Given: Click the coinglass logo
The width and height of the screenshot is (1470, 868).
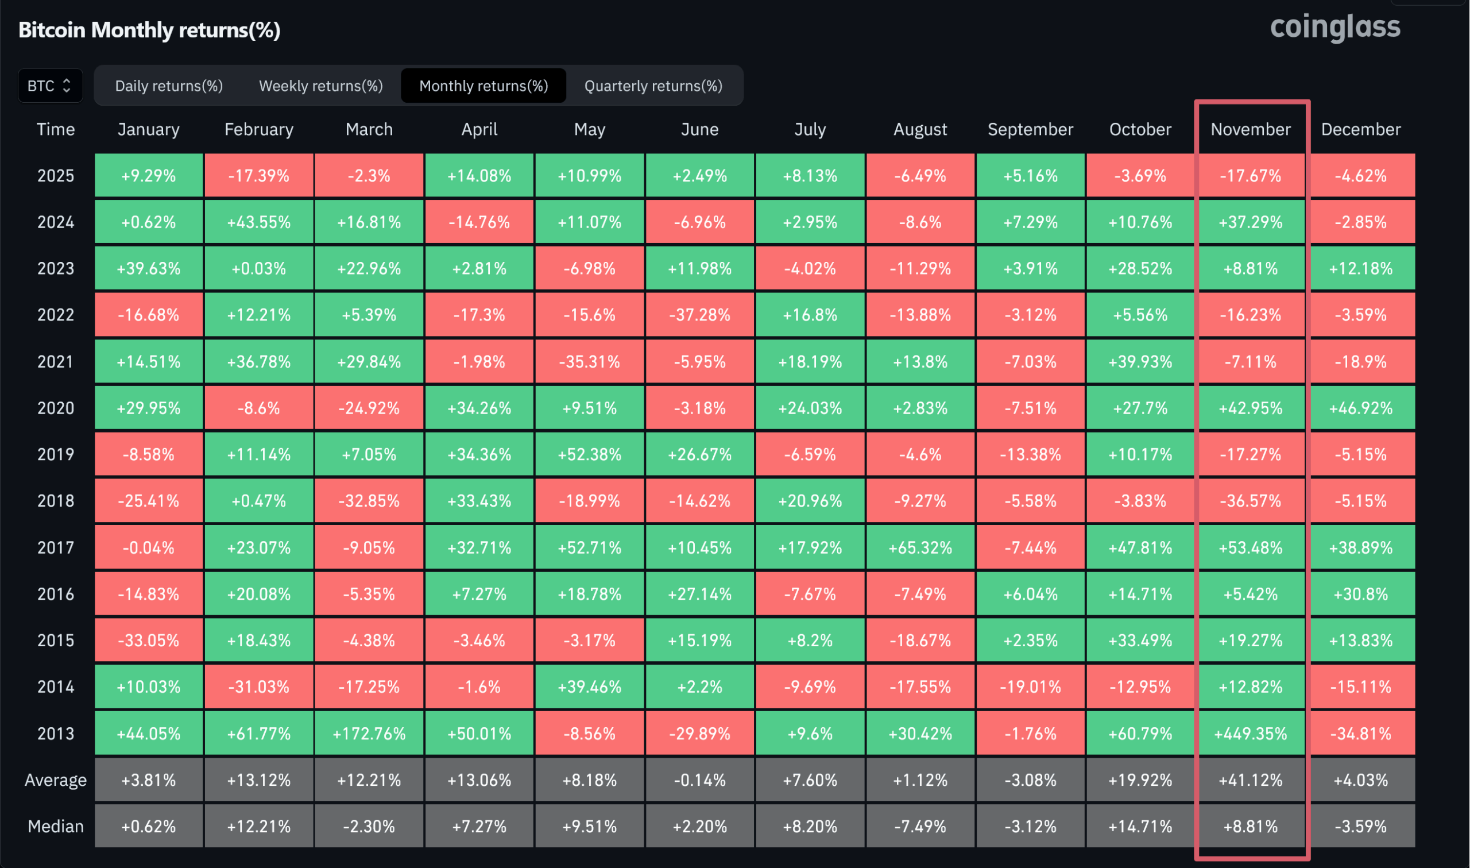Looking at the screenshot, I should coord(1335,28).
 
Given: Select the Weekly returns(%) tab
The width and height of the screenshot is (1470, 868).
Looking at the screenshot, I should coord(321,86).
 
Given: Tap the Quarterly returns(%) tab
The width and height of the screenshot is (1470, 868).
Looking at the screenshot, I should coord(653,86).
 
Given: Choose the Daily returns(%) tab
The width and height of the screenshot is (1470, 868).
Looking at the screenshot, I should coord(169,86).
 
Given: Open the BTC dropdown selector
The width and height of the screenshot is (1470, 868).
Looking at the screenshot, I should coord(50,86).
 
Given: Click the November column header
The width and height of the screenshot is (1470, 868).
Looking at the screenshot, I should coord(1250,129).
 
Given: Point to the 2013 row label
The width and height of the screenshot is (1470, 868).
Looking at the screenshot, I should coord(56,734).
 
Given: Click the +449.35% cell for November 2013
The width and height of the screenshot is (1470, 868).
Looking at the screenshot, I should coord(1250,734).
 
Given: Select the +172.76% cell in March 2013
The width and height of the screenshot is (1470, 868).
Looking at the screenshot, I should coord(369,734).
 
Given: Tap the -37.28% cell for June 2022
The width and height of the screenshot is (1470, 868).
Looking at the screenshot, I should coord(699,315).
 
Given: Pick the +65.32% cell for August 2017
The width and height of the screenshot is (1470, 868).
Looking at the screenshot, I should coord(920,547).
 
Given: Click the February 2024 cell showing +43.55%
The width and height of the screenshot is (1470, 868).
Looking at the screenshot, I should coord(259,222).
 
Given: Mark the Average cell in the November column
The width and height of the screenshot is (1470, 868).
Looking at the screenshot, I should coord(1250,780).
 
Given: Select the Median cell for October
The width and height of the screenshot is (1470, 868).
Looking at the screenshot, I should coord(1140,826).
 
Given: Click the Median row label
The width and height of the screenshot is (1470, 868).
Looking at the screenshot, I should coord(56,826).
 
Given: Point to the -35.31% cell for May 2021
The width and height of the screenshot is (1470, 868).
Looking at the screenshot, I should coord(589,361).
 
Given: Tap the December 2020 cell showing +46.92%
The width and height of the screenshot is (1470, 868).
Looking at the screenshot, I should coord(1361,408).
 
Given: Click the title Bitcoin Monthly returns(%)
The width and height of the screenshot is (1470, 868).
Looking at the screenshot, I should coord(150,30).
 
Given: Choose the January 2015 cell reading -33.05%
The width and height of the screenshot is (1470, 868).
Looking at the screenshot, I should coord(149,641).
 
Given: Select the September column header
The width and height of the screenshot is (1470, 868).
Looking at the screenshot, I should coord(1030,129).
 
